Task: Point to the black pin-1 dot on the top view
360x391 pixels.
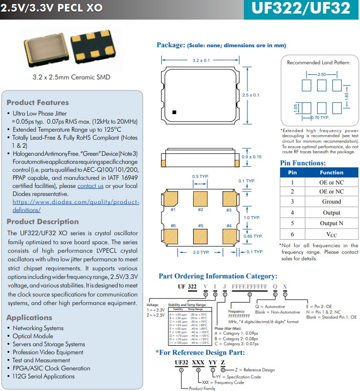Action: pyautogui.click(x=174, y=112)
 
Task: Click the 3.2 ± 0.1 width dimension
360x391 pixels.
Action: pyautogui.click(x=201, y=60)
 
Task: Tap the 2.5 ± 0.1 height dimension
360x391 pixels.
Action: pyautogui.click(x=250, y=95)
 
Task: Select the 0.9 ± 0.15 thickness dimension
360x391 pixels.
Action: pyautogui.click(x=251, y=157)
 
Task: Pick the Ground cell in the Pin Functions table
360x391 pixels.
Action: pyautogui.click(x=331, y=202)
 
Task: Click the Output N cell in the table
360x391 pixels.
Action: pyautogui.click(x=331, y=223)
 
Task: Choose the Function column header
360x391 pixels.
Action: pyautogui.click(x=331, y=172)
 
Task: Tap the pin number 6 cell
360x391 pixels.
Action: pyautogui.click(x=292, y=234)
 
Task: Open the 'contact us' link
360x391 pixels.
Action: pyautogui.click(x=91, y=186)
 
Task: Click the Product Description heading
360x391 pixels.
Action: pyautogui.click(x=43, y=222)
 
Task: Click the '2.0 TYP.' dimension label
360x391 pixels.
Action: pyautogui.click(x=201, y=252)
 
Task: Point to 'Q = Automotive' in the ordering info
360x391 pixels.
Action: pyautogui.click(x=270, y=307)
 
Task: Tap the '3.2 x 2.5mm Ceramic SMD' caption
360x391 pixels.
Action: pyautogui.click(x=71, y=77)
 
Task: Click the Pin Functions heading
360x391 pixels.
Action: pyautogui.click(x=303, y=163)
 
